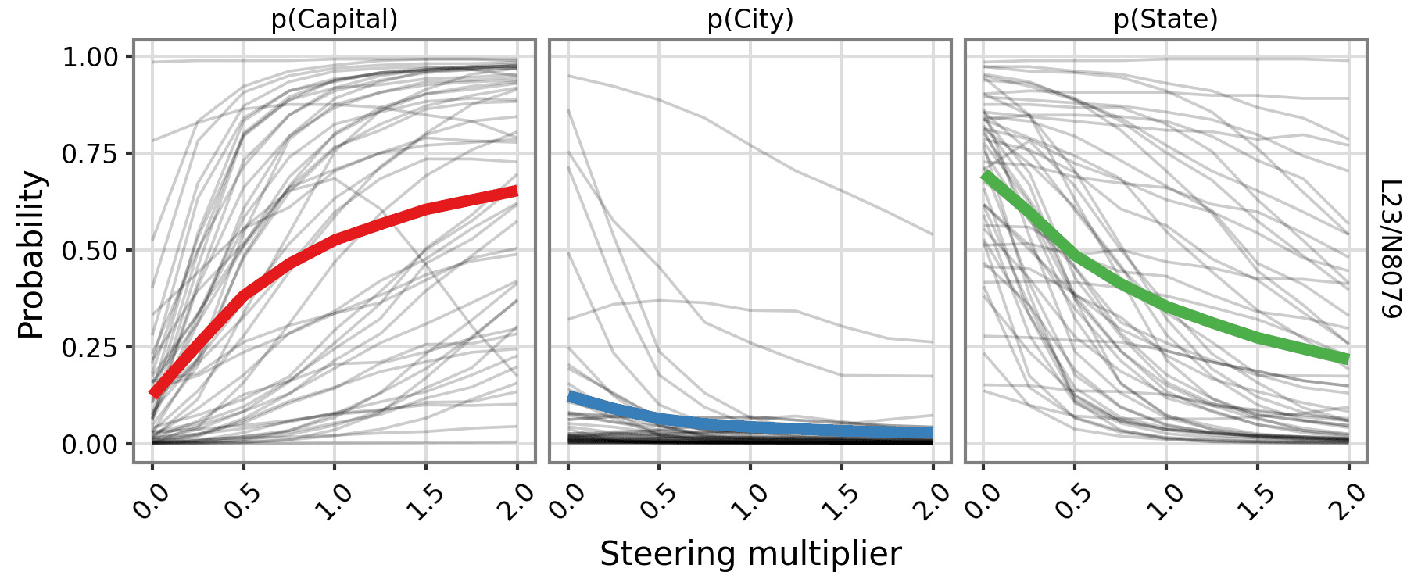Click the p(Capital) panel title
[335, 20]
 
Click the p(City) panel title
[750, 20]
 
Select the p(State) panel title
[1165, 20]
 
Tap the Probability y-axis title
[31, 254]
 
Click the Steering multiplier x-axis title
[750, 553]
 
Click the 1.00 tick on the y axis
[90, 57]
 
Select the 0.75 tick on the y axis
[90, 154]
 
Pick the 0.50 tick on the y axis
[90, 251]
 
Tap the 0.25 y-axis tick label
[90, 348]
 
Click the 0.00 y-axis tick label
[90, 445]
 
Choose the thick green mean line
[1165, 306]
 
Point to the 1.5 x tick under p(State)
[1255, 501]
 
